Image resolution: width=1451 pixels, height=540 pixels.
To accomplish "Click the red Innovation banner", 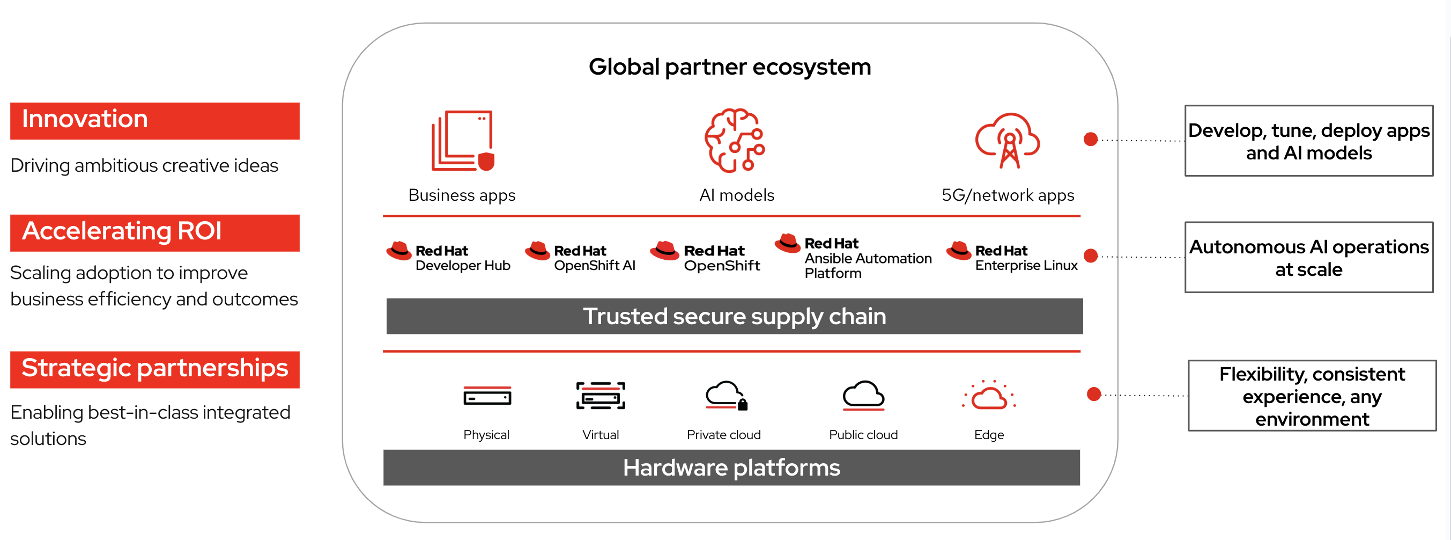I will pyautogui.click(x=154, y=121).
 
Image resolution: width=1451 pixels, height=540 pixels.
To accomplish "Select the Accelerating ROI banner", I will pyautogui.click(x=154, y=232).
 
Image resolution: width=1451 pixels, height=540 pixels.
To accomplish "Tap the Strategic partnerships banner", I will pyautogui.click(x=154, y=369).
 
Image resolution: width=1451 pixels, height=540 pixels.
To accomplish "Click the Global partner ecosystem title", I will pyautogui.click(x=729, y=67).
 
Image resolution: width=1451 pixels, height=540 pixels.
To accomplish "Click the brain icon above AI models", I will pyautogui.click(x=735, y=140).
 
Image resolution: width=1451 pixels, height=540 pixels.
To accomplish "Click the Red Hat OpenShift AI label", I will pyautogui.click(x=594, y=258).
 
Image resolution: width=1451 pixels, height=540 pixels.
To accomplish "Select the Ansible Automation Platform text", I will pyautogui.click(x=868, y=259).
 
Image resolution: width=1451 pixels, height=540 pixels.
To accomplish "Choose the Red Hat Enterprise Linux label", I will pyautogui.click(x=1026, y=258).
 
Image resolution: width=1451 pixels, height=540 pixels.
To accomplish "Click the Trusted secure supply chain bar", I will pyautogui.click(x=734, y=316).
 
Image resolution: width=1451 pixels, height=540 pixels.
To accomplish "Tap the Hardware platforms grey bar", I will pyautogui.click(x=731, y=468).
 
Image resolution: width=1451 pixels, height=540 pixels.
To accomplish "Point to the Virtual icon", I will pyautogui.click(x=601, y=396).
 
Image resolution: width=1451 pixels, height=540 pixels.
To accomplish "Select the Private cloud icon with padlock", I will pyautogui.click(x=725, y=396).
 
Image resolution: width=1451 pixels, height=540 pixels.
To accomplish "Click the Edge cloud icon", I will pyautogui.click(x=989, y=396).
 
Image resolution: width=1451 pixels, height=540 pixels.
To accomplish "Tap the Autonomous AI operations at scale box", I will pyautogui.click(x=1308, y=258).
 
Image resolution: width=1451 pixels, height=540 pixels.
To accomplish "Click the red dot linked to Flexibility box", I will pyautogui.click(x=1094, y=394).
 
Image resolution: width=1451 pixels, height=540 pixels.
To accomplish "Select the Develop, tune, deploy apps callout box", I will pyautogui.click(x=1308, y=141).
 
